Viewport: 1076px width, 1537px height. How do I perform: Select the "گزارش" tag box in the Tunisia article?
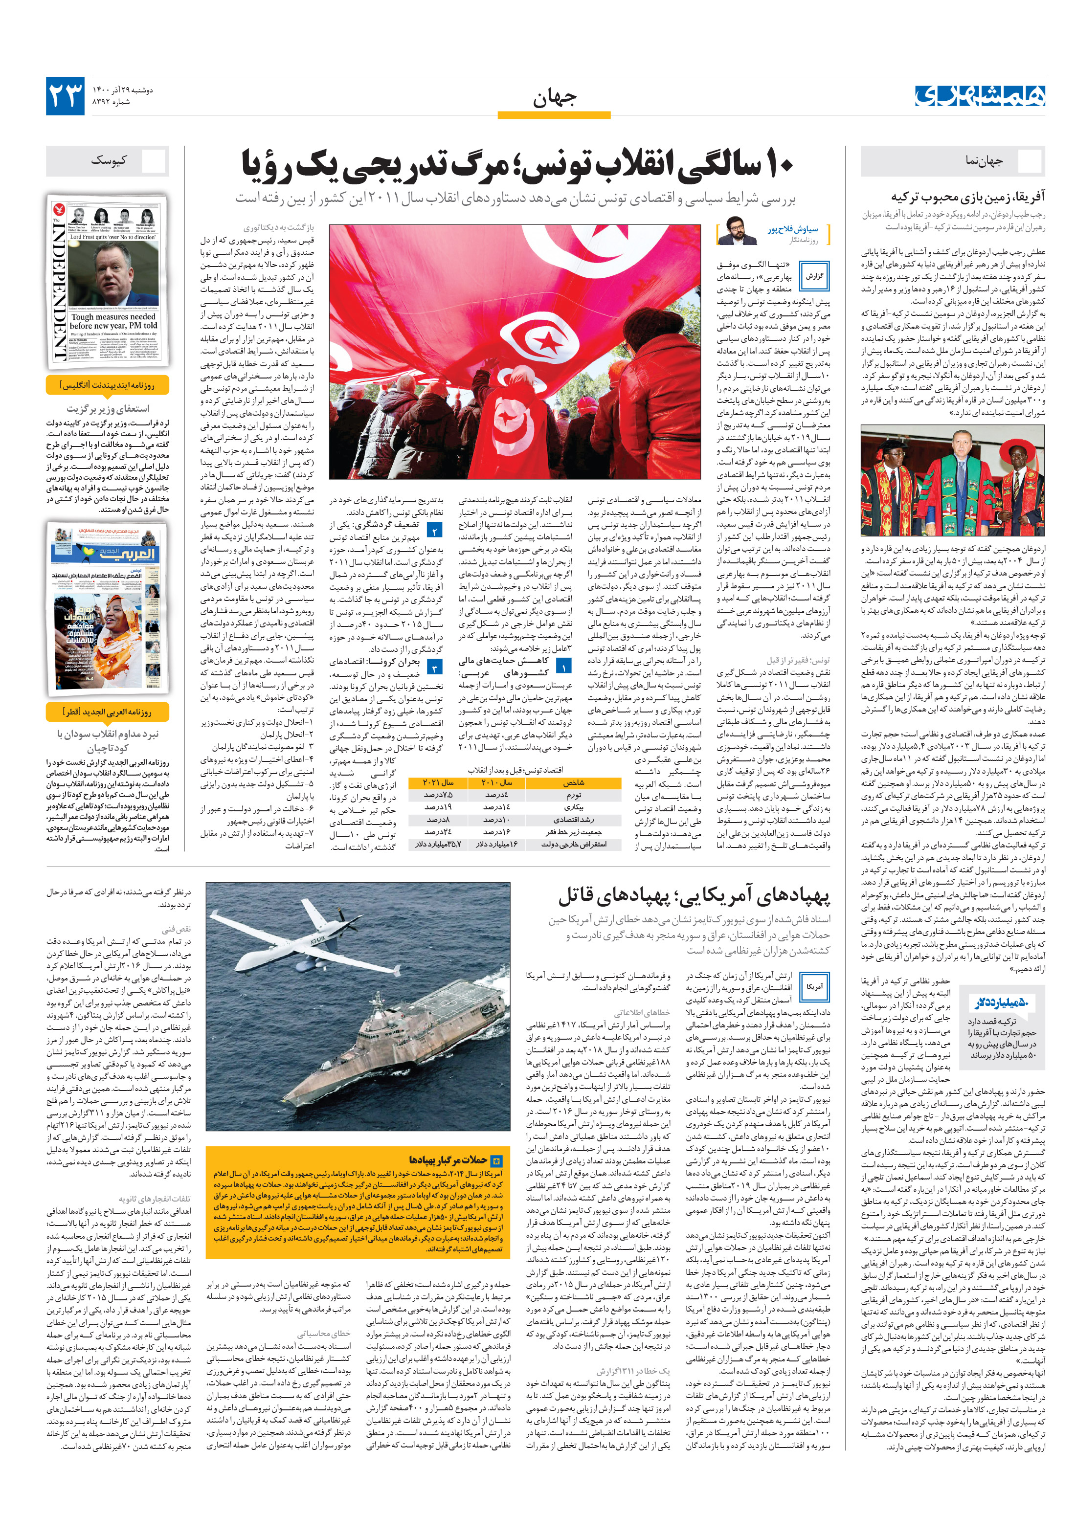pyautogui.click(x=813, y=276)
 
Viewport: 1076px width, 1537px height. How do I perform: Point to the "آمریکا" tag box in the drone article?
pyautogui.click(x=814, y=987)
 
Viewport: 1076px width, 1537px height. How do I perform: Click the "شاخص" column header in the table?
pyautogui.click(x=573, y=782)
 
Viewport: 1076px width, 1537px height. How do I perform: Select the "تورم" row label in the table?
pyautogui.click(x=573, y=795)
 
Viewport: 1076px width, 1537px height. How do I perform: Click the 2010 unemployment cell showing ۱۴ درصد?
pyautogui.click(x=496, y=807)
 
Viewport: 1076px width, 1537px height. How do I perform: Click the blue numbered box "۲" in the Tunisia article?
pyautogui.click(x=434, y=531)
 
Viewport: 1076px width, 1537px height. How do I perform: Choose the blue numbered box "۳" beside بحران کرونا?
pyautogui.click(x=434, y=668)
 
